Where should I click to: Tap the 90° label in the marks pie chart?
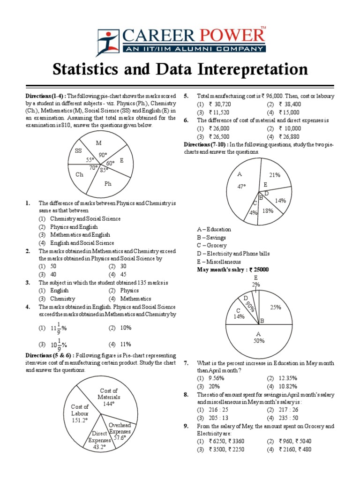(103, 155)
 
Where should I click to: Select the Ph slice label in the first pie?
(108, 184)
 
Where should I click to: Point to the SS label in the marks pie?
(78, 150)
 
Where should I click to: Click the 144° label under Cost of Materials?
(109, 404)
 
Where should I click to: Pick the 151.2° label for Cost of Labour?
(80, 420)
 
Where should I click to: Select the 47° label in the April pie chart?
(241, 186)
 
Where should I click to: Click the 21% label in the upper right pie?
(275, 175)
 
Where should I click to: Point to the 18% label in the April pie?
(268, 211)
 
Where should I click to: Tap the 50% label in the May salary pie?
(259, 341)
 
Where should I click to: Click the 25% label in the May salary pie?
(276, 307)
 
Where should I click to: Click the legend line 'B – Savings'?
(211, 238)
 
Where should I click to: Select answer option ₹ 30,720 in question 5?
(218, 104)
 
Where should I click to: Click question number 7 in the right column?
(186, 363)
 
